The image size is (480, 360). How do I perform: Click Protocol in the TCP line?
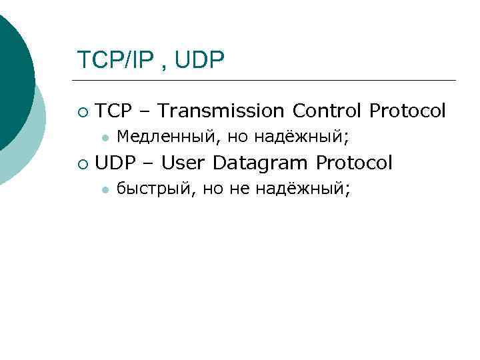click(407, 111)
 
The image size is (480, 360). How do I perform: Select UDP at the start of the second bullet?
click(114, 163)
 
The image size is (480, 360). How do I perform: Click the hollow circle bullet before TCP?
click(81, 111)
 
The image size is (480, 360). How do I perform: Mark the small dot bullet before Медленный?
click(104, 138)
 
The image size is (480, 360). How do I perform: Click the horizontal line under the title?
click(267, 81)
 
